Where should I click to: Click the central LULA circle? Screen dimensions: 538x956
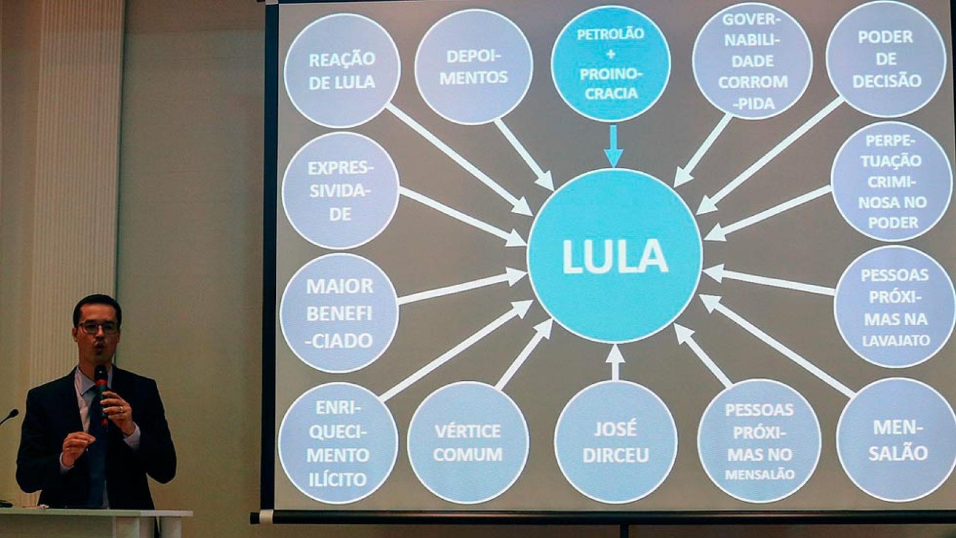click(615, 256)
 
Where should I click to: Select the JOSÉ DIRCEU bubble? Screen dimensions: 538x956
click(615, 441)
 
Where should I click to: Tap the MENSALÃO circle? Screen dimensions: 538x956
click(896, 440)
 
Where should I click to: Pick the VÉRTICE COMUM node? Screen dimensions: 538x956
click(467, 442)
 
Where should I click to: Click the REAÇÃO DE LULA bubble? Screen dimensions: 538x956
click(342, 70)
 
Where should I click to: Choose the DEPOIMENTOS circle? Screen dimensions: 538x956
click(473, 66)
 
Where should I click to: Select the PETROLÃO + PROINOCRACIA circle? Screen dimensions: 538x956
click(611, 63)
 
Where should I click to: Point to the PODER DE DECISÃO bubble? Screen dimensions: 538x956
click(886, 59)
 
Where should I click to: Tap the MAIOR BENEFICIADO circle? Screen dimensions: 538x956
click(339, 313)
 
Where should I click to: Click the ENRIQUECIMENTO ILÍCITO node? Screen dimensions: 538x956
click(338, 443)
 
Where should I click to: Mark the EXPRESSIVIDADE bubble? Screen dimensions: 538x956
click(340, 190)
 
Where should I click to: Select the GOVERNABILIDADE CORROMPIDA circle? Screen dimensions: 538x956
click(752, 62)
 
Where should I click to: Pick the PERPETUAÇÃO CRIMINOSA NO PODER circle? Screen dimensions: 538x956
click(892, 181)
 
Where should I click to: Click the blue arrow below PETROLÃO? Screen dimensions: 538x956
click(613, 146)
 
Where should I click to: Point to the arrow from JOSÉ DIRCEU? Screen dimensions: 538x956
click(615, 361)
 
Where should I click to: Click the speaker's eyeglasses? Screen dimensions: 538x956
click(98, 327)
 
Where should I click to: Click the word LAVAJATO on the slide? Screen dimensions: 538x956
click(896, 341)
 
